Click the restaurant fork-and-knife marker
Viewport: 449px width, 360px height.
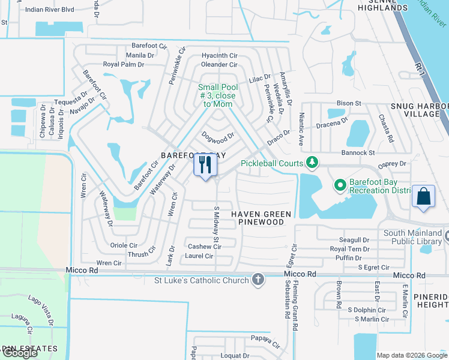tap(205, 165)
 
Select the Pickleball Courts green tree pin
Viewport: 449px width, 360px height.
tap(312, 162)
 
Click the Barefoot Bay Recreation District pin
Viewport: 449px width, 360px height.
tap(340, 185)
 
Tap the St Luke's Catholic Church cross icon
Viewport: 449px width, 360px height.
tap(258, 280)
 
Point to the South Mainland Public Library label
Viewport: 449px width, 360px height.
tap(413, 238)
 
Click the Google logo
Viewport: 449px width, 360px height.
tap(20, 353)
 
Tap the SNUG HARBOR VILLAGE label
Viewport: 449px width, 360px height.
tap(419, 110)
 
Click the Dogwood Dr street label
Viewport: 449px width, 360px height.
tap(217, 138)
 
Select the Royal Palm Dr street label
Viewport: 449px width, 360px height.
tap(124, 64)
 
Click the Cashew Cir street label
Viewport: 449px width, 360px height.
tap(204, 247)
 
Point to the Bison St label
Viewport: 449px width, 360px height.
tap(349, 103)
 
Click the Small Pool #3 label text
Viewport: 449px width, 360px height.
tap(218, 95)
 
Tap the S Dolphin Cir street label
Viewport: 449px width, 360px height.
tap(366, 310)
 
